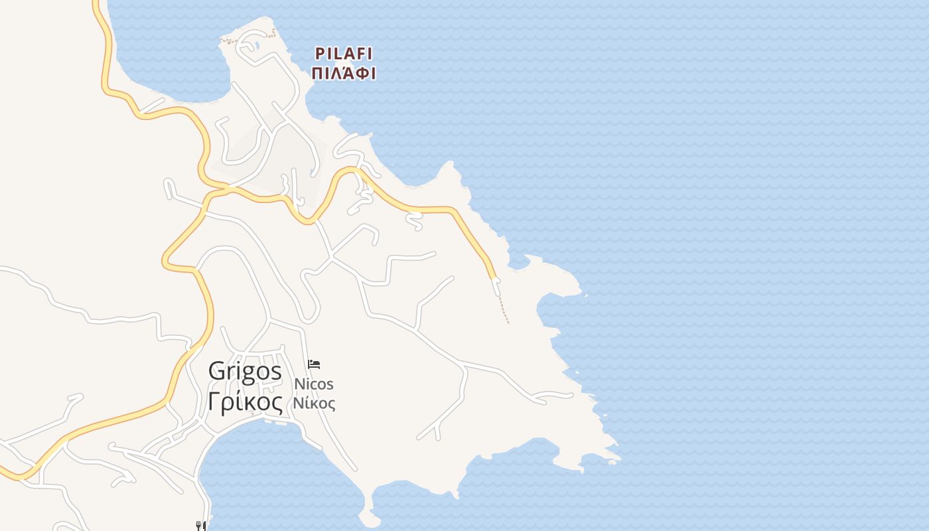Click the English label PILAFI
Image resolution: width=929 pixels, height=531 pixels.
pos(343,54)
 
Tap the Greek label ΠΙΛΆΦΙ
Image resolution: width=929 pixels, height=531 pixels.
pos(344,73)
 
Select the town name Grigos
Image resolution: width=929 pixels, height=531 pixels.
pos(245,371)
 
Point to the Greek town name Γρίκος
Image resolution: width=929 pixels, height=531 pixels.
pos(245,402)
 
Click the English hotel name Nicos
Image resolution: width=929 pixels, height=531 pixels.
pos(314,384)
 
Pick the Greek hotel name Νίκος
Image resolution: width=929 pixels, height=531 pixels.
pos(314,403)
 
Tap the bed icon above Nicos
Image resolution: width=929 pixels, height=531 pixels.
pos(314,364)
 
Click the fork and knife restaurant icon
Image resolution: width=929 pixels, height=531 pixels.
pos(200,526)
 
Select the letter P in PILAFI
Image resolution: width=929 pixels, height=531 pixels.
pos(319,54)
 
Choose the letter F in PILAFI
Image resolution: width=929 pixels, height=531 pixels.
pos(359,54)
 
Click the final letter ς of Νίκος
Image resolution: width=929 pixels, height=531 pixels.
pos(330,404)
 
